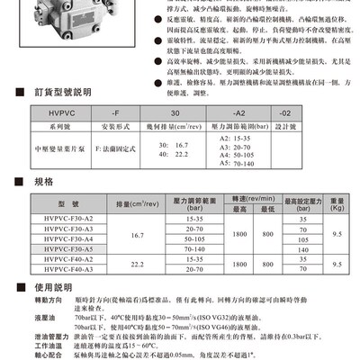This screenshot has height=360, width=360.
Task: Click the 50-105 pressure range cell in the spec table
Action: coord(193,238)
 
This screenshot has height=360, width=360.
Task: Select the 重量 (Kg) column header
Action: coord(336,202)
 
